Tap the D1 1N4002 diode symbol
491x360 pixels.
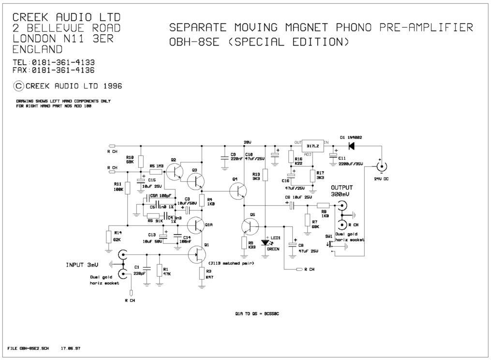point(352,145)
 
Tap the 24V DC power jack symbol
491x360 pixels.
point(382,167)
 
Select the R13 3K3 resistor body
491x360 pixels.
point(265,176)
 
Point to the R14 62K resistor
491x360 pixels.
point(108,237)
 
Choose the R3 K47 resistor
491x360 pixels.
point(202,273)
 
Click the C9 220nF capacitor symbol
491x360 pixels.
point(224,157)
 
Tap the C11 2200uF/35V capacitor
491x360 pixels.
point(333,155)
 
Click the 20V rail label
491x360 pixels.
point(247,142)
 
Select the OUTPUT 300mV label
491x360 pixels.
point(342,191)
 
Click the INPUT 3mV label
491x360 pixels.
point(82,265)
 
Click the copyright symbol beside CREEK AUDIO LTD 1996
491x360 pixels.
point(18,86)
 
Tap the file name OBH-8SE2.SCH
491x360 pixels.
point(29,348)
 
